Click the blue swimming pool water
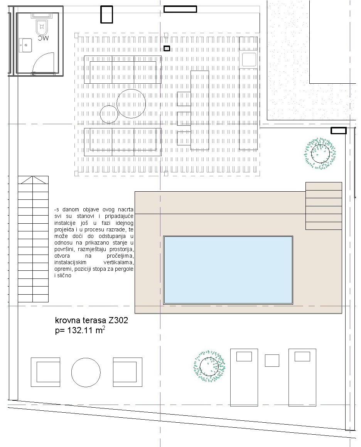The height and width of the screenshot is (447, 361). [228, 270]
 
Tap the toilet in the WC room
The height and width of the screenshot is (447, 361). [41, 27]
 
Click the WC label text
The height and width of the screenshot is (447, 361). [43, 38]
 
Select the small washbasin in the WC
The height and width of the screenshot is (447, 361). [26, 45]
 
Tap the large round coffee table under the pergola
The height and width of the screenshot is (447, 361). [131, 103]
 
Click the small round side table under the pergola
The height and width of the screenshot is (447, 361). [109, 114]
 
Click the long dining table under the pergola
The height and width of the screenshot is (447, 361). [199, 110]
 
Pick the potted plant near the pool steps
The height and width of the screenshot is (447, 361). [320, 153]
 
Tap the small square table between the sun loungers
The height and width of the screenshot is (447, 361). [272, 361]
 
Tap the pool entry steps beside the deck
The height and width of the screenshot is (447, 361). [324, 206]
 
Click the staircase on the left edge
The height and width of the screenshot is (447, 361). [33, 239]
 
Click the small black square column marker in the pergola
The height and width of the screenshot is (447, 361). [167, 48]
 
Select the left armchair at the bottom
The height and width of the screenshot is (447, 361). [46, 372]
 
